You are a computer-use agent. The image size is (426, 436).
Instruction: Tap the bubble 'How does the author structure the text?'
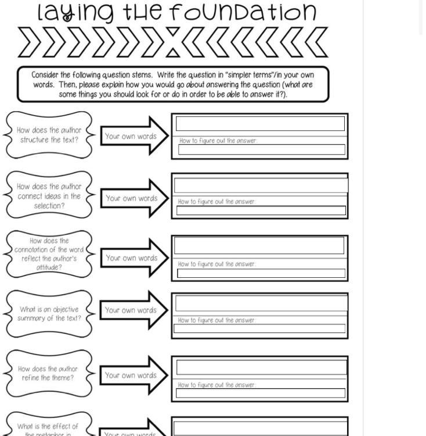[49, 135]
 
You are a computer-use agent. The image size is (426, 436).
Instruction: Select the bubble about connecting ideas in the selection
[49, 196]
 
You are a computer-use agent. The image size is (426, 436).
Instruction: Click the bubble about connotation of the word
[49, 254]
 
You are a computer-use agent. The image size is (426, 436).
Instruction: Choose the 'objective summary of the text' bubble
[49, 314]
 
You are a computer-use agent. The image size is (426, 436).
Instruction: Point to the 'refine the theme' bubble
[49, 373]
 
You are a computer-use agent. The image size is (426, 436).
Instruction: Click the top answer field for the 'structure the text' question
[260, 123]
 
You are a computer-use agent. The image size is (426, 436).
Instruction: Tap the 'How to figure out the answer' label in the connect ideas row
[216, 202]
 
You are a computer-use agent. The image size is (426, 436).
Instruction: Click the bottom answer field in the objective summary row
[259, 328]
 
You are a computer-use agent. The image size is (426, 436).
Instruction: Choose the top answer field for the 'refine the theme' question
[261, 367]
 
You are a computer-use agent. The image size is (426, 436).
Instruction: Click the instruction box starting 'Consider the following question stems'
[173, 84]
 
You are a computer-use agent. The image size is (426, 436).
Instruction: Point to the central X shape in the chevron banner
[173, 42]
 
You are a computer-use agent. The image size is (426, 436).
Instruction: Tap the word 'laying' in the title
[75, 13]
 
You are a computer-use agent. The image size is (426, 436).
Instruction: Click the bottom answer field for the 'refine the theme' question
[261, 394]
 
